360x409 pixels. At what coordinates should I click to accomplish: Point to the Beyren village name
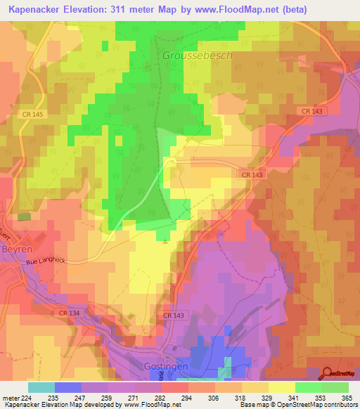point(15,248)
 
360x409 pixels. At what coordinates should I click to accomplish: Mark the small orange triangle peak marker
point(165,243)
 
